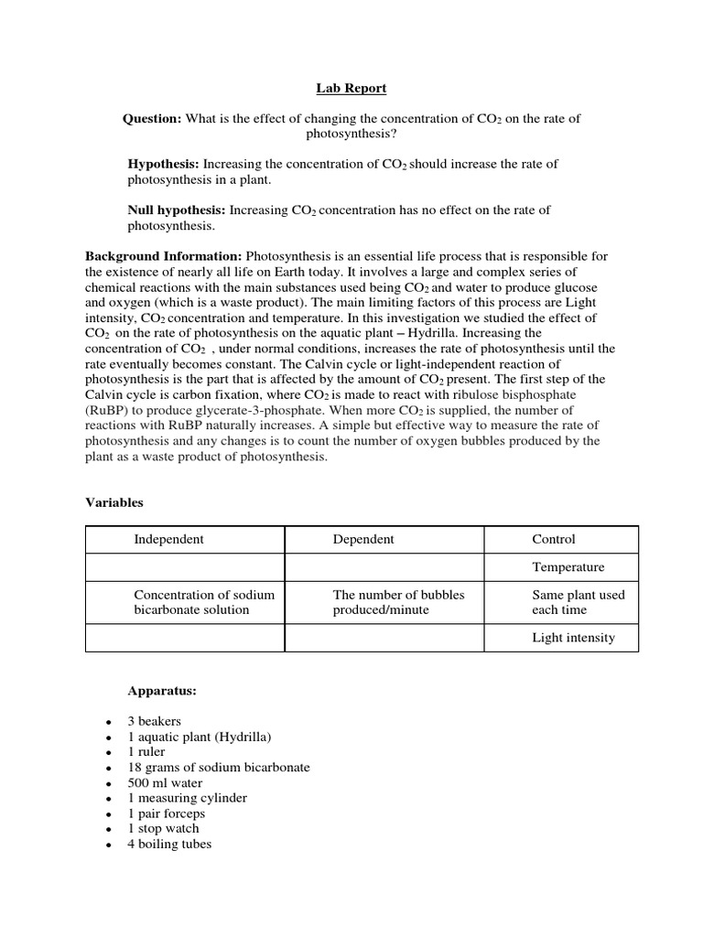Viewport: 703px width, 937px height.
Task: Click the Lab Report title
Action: pos(351,88)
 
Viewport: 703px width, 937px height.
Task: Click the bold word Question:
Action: pos(152,118)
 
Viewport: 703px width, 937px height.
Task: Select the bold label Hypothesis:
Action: pos(163,164)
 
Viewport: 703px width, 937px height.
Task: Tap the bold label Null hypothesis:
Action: pos(176,210)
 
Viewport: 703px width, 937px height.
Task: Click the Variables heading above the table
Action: pos(114,502)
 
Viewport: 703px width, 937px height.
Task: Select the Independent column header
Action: pos(169,539)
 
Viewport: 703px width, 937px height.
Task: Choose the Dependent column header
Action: pos(363,539)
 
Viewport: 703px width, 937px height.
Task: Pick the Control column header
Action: pos(554,539)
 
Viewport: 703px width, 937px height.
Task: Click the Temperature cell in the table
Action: pos(568,567)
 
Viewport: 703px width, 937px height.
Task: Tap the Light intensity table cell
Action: pos(574,638)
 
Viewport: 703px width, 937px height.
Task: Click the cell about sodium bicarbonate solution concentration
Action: pos(204,602)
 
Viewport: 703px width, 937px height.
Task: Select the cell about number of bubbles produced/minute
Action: pos(399,602)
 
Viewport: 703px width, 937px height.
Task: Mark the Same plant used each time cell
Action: pos(579,602)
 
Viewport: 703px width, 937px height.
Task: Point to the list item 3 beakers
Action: pos(155,721)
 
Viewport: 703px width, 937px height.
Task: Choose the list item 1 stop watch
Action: pos(164,828)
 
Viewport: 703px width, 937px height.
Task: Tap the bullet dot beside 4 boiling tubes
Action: pos(109,845)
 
